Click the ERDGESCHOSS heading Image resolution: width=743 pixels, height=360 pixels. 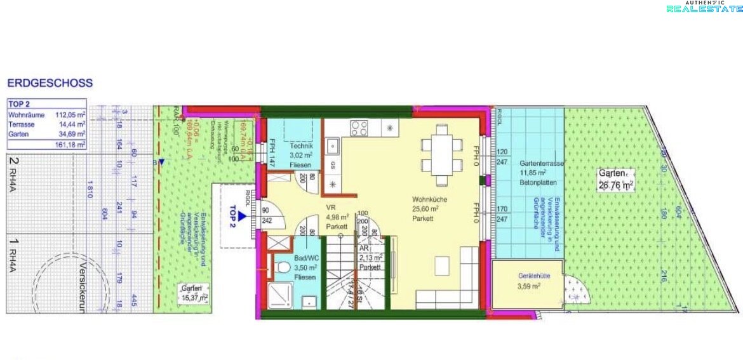pos(50,83)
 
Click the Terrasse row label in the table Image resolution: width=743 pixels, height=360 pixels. pos(22,125)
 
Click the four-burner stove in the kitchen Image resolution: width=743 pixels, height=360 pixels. pos(359,129)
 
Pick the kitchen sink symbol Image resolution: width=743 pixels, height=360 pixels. pos(333,147)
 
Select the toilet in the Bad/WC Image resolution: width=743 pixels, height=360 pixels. pos(277,269)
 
